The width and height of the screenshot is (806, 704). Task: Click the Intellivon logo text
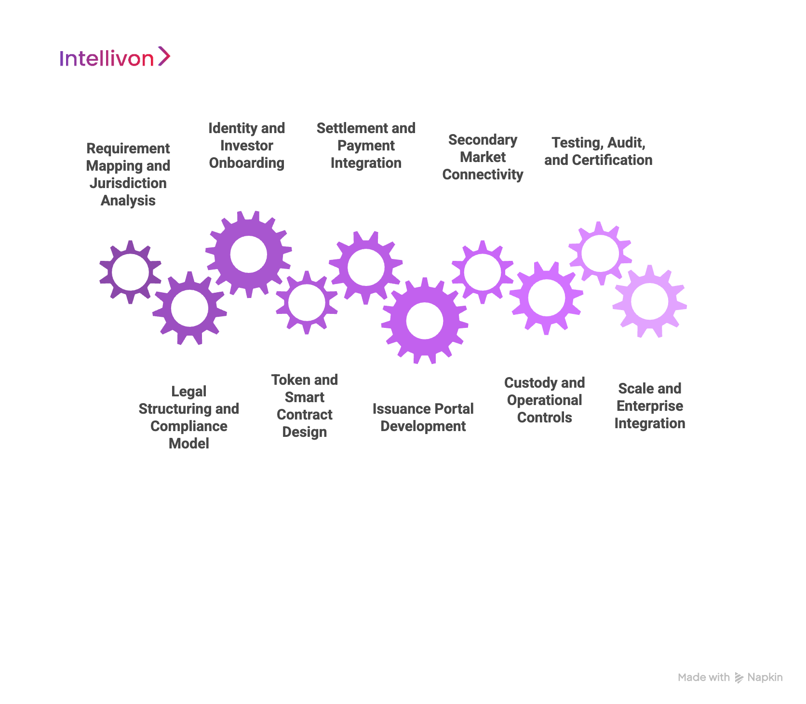coord(107,58)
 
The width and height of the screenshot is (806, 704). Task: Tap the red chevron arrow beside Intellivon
coord(164,56)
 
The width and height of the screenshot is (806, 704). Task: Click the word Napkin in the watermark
coord(765,677)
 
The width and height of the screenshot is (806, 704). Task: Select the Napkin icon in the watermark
coord(739,678)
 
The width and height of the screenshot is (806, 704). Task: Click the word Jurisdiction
coord(128,183)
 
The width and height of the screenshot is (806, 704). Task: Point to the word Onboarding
coord(246,163)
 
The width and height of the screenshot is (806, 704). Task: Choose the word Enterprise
coord(649,406)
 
